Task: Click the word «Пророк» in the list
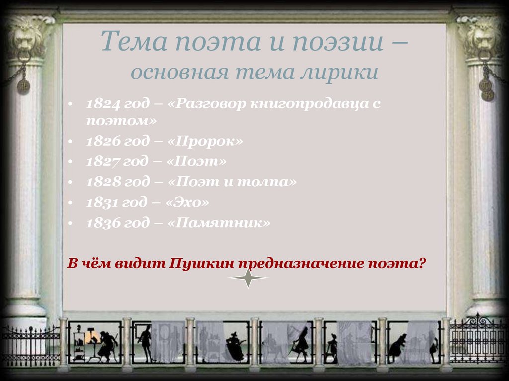pyautogui.click(x=206, y=142)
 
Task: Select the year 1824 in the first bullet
pyautogui.click(x=102, y=104)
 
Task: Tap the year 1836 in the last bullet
pyautogui.click(x=102, y=223)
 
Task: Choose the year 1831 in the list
pyautogui.click(x=101, y=203)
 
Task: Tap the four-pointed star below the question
pyautogui.click(x=248, y=278)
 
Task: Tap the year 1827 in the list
pyautogui.click(x=101, y=162)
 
